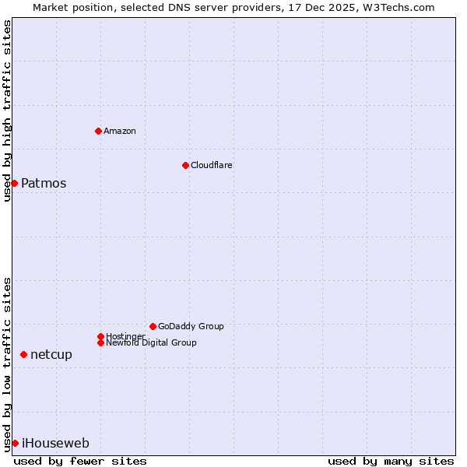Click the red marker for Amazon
(x=98, y=131)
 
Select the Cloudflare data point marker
(x=185, y=165)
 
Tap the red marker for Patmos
(x=14, y=183)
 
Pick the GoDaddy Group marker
(x=153, y=326)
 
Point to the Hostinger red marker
(x=100, y=336)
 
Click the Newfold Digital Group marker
(x=100, y=342)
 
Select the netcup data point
(x=23, y=354)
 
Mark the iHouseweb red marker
(x=15, y=443)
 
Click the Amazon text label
(x=120, y=131)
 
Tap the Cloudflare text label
(x=212, y=165)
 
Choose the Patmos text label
(x=44, y=184)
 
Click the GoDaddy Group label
(x=191, y=326)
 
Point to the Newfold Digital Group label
(x=151, y=342)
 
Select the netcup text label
(x=51, y=355)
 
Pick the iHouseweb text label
(x=55, y=444)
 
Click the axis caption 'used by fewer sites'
(x=80, y=461)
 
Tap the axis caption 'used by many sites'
(x=391, y=461)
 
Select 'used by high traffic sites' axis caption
(x=7, y=111)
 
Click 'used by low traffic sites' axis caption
(x=7, y=363)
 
